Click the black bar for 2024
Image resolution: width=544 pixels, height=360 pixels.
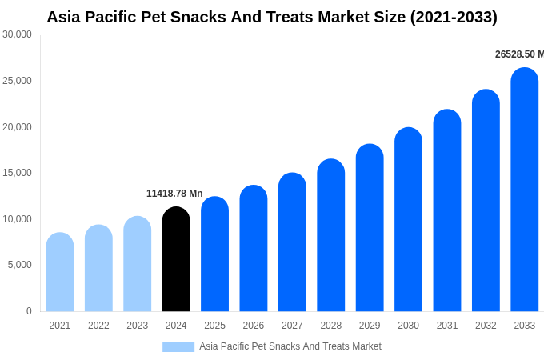[x=176, y=260]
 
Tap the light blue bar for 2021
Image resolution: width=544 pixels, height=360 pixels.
[x=60, y=273]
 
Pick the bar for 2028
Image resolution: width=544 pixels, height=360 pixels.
[x=331, y=236]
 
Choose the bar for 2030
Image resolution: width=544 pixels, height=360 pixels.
[x=408, y=220]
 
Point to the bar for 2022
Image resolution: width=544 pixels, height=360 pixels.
[x=98, y=269]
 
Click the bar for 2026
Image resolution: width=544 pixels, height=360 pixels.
[x=254, y=249]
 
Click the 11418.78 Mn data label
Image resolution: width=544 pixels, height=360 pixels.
[x=174, y=194]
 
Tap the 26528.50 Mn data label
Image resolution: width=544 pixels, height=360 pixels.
[x=519, y=54]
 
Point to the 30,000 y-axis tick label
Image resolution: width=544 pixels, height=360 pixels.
[x=17, y=34]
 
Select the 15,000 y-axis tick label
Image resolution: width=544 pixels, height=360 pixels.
[x=17, y=173]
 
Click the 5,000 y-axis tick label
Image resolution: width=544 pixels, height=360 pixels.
[x=19, y=265]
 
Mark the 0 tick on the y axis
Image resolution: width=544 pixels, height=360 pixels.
[x=29, y=311]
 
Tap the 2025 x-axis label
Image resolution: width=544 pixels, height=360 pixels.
[x=214, y=326]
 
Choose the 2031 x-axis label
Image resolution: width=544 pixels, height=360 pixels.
[x=447, y=326]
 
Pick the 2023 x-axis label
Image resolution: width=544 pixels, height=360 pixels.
[x=137, y=326]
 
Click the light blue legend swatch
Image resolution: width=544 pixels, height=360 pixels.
[x=178, y=347]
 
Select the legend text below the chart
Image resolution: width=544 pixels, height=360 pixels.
[x=290, y=346]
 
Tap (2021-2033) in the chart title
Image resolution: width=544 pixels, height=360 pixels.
[x=454, y=17]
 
